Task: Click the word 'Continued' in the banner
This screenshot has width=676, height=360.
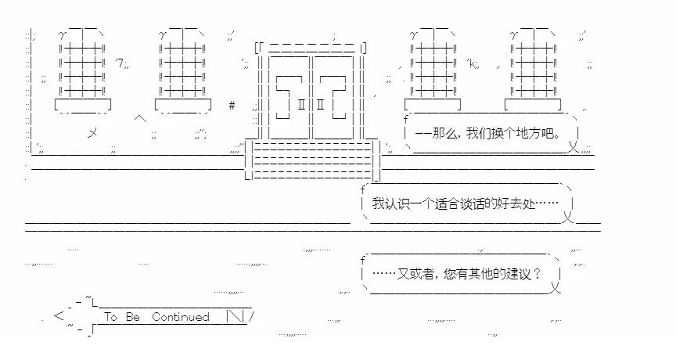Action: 181,317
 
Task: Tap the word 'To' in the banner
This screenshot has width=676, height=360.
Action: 110,317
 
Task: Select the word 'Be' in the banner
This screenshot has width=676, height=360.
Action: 133,317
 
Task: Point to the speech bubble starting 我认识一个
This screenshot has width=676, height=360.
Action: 466,203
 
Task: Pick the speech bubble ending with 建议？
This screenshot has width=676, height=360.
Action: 462,274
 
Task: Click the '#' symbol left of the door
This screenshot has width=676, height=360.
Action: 232,105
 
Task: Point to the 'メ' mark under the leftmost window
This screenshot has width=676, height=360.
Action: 92,133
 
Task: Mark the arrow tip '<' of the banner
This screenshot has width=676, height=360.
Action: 59,316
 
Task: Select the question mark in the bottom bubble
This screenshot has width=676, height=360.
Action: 537,274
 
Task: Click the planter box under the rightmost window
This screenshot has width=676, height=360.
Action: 532,104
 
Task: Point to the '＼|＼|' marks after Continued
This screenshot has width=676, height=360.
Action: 237,317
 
